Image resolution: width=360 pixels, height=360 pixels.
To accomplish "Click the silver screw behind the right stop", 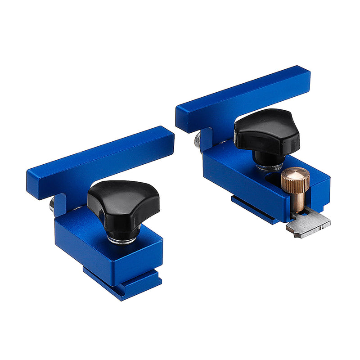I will (x=198, y=141).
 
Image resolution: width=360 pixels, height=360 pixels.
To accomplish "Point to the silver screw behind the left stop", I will (x=52, y=205).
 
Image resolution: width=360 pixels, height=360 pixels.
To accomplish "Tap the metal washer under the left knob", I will (x=121, y=241).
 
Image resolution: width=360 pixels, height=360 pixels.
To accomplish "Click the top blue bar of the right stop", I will (x=243, y=97).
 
